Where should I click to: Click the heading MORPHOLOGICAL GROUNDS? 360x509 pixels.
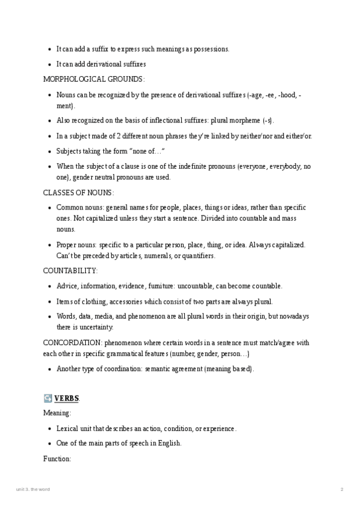(94, 79)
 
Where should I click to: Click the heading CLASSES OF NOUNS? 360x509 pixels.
(78, 193)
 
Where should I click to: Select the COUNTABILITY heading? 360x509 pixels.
(70, 271)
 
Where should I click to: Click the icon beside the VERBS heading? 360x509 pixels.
(47, 398)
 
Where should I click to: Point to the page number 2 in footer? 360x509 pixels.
(341, 490)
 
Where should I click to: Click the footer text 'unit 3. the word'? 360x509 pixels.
(33, 490)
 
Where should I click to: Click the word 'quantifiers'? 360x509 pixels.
(197, 256)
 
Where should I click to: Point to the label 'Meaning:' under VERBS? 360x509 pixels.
(57, 413)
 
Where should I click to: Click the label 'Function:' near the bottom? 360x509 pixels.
(58, 459)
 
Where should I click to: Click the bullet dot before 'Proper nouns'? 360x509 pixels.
(49, 245)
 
